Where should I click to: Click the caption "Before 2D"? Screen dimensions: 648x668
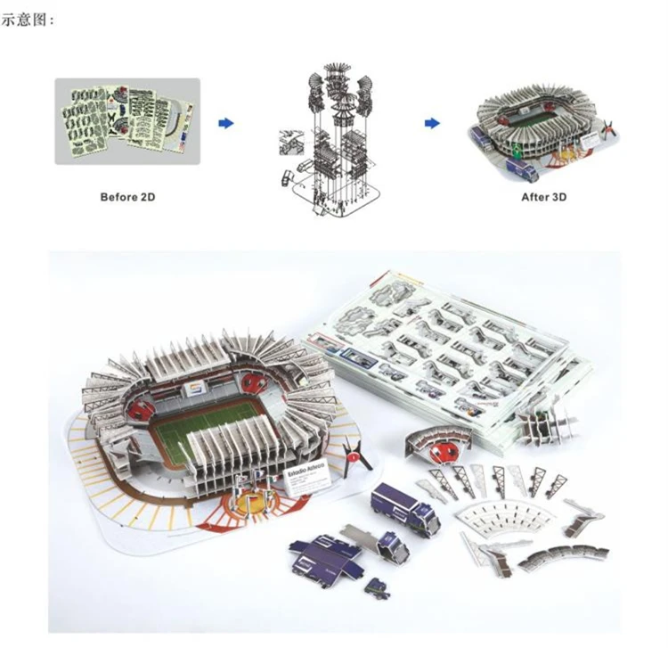click(126, 196)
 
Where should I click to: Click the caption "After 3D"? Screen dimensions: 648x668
click(543, 196)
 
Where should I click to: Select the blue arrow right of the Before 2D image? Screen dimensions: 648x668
click(226, 123)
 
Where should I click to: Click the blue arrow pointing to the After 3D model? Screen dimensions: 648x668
click(432, 123)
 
